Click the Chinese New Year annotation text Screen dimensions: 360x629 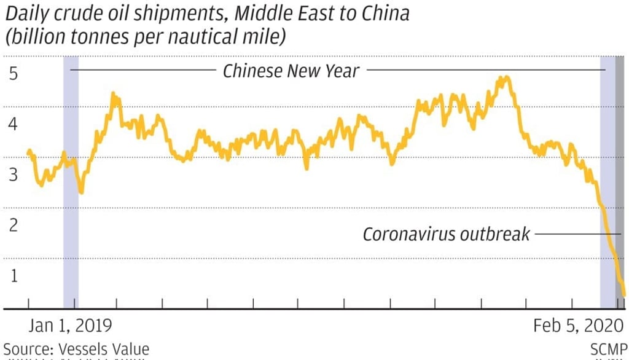[x=291, y=71]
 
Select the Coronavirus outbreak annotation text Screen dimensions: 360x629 [x=445, y=235]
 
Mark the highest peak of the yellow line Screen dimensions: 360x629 [x=504, y=78]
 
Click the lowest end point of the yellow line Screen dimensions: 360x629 [x=624, y=295]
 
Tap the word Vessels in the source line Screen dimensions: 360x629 [x=82, y=350]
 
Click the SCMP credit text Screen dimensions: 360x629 [x=609, y=350]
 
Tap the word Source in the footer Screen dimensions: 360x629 [x=26, y=350]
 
